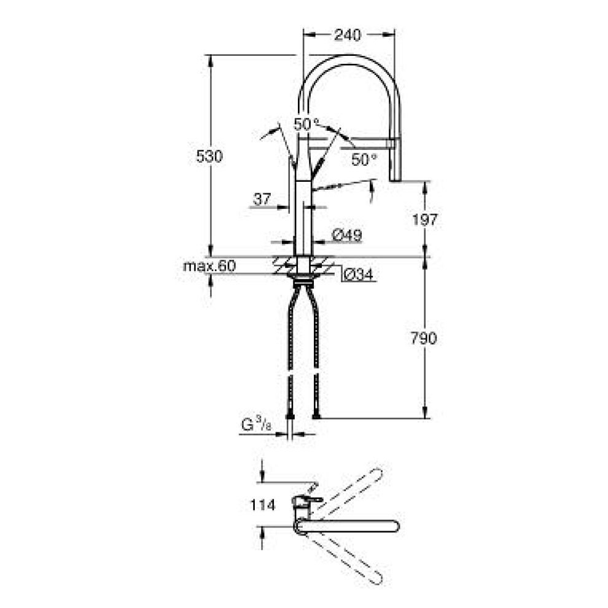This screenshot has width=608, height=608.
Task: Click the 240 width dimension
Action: [x=348, y=35]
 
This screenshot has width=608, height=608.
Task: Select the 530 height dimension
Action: [x=209, y=157]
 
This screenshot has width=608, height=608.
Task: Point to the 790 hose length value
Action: [x=424, y=338]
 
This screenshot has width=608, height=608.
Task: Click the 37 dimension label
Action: [x=262, y=199]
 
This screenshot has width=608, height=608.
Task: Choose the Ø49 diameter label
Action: [x=347, y=235]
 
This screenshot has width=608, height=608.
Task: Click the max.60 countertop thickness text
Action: [x=209, y=266]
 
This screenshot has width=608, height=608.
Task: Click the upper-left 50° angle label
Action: [x=307, y=123]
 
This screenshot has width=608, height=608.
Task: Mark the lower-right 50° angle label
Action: [x=364, y=159]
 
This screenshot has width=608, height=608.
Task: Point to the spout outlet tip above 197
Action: [x=395, y=178]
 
